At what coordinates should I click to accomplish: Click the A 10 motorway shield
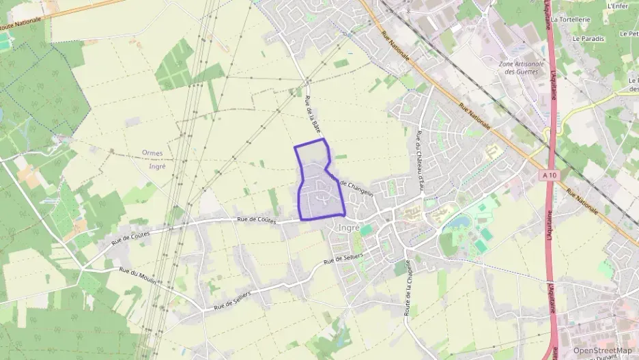pyautogui.click(x=550, y=176)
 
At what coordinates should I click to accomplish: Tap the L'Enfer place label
pyautogui.click(x=617, y=5)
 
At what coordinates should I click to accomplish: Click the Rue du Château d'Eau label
pyautogui.click(x=418, y=160)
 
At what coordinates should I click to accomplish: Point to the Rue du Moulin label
pyautogui.click(x=139, y=277)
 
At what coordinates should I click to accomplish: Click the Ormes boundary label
pyautogui.click(x=153, y=153)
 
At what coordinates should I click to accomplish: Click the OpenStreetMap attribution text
pyautogui.click(x=602, y=350)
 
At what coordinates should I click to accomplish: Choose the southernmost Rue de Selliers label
pyautogui.click(x=232, y=299)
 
